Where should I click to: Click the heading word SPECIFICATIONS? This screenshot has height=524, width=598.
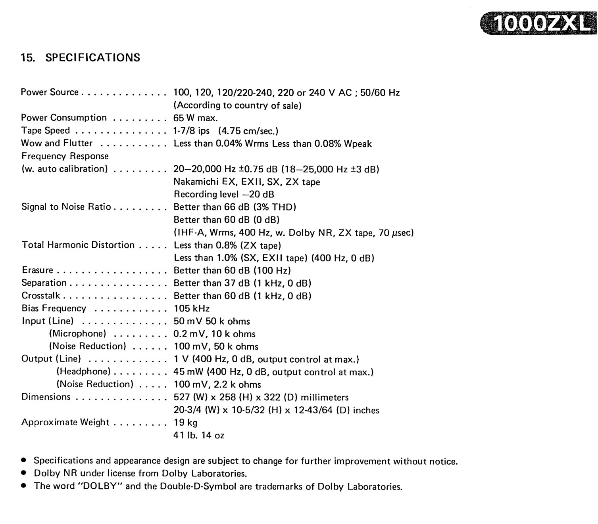(92, 58)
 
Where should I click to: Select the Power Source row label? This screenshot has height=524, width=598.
(50, 92)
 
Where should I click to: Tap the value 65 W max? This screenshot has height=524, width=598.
(196, 118)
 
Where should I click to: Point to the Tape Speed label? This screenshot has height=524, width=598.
(45, 130)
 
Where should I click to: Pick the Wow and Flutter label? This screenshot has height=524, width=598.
(57, 143)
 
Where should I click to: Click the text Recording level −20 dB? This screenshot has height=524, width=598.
(224, 194)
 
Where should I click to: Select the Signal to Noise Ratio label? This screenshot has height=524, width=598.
(66, 207)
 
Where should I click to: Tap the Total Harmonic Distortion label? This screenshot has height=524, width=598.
(78, 245)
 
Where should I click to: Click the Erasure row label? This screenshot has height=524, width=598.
(37, 270)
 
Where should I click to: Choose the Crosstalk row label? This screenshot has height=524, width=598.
(41, 296)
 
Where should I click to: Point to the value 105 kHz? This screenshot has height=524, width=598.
(192, 308)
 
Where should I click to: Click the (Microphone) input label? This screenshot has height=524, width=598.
(77, 334)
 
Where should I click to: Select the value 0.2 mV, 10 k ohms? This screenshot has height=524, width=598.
(214, 334)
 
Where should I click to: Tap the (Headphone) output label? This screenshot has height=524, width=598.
(83, 371)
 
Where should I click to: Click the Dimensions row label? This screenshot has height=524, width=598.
(46, 397)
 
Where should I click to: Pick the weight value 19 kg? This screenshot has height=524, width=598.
(185, 423)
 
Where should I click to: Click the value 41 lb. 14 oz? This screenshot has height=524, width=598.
(199, 435)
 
